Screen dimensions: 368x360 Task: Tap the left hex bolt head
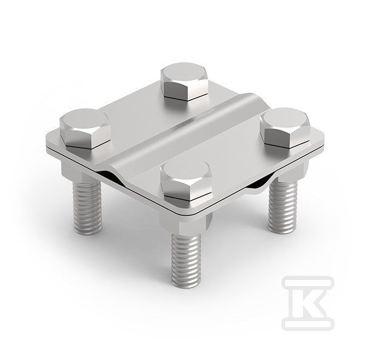(85, 128)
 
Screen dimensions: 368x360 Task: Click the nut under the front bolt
(186, 223)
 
